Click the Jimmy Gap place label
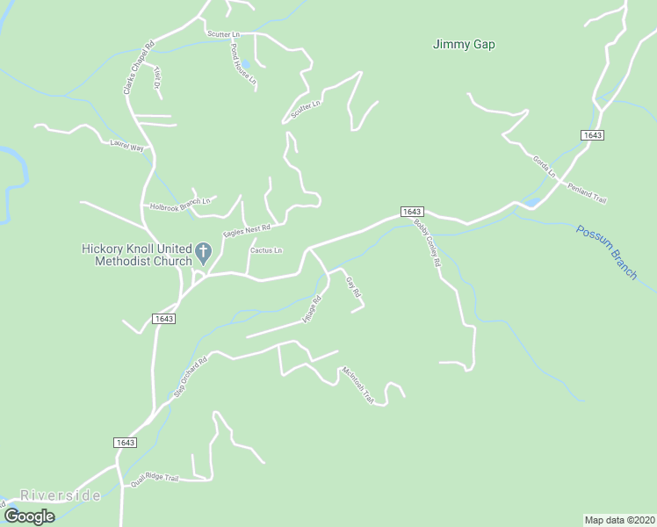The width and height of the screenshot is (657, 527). (x=464, y=44)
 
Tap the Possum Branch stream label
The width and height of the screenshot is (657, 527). (x=607, y=253)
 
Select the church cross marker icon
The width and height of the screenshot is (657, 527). (x=203, y=253)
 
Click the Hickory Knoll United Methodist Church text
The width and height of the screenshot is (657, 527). (x=135, y=255)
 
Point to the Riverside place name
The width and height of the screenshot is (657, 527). (x=61, y=495)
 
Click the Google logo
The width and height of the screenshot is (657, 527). (x=29, y=516)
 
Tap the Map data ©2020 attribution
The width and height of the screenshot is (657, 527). (x=619, y=519)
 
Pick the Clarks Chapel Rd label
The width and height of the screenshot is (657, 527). (x=138, y=68)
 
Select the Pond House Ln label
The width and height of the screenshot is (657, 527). (x=243, y=63)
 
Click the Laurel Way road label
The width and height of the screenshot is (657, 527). (x=126, y=146)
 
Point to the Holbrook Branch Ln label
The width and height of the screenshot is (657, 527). (x=180, y=204)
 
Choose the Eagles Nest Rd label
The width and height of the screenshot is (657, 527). (x=247, y=230)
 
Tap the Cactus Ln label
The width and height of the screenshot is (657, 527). (x=265, y=250)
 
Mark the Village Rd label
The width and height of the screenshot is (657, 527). (x=312, y=310)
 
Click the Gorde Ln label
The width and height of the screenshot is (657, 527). (x=545, y=166)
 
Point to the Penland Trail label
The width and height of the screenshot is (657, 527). (x=587, y=193)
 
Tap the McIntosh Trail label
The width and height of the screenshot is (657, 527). (x=358, y=384)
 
